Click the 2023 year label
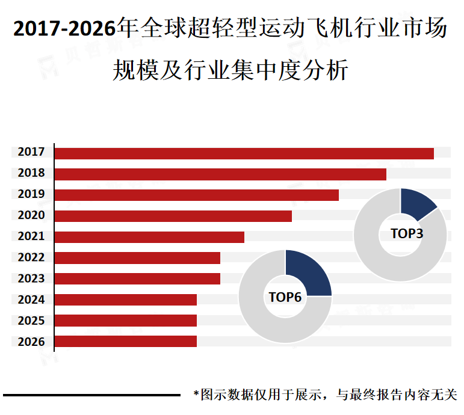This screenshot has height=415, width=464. [x=31, y=278]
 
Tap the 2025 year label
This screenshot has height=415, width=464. [x=31, y=321]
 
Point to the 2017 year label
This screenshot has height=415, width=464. [x=31, y=153]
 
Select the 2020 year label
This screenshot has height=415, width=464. [x=31, y=215]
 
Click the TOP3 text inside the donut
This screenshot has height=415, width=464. [x=407, y=234]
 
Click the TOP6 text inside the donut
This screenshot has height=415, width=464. [x=285, y=297]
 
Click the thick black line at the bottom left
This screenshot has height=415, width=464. [x=90, y=395]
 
